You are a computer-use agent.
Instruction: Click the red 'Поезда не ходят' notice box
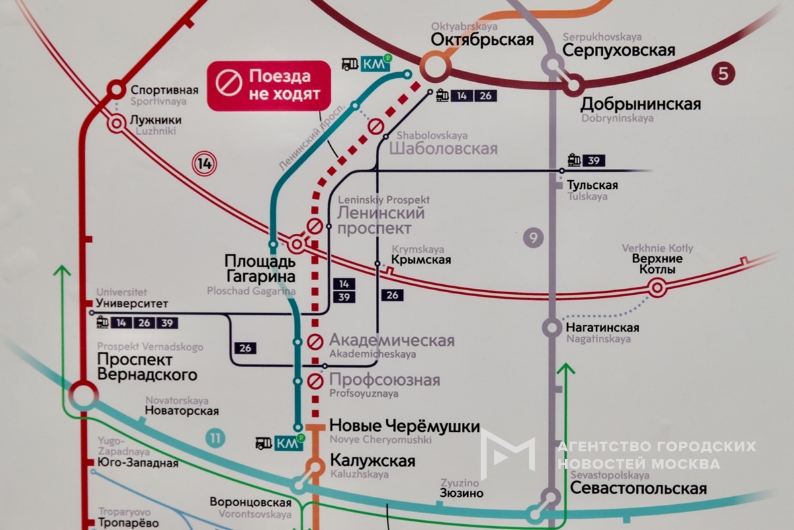click(x=269, y=85)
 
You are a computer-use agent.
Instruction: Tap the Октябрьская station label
click(x=482, y=40)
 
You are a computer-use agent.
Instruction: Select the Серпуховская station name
click(x=619, y=51)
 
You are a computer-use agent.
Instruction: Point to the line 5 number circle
click(x=723, y=74)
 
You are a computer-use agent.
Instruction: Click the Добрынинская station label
click(x=640, y=104)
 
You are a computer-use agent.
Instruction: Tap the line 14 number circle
click(x=204, y=163)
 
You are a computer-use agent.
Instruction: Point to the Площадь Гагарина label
click(x=259, y=268)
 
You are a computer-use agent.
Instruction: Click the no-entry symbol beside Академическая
click(x=315, y=342)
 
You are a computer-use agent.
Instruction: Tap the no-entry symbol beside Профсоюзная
click(x=315, y=382)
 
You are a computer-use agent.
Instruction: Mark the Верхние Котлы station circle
click(x=656, y=288)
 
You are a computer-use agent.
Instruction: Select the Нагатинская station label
click(x=602, y=328)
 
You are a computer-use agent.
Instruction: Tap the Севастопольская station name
click(x=635, y=489)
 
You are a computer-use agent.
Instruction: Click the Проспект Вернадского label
click(x=147, y=367)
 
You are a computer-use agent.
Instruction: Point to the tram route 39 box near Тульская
click(x=594, y=160)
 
